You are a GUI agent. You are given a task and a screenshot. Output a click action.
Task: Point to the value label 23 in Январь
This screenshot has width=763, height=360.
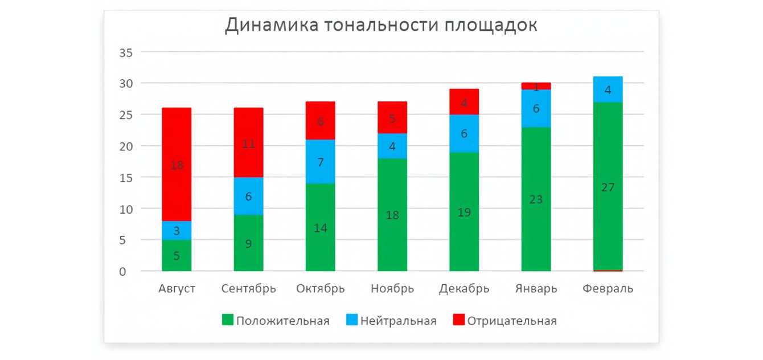tap(536, 199)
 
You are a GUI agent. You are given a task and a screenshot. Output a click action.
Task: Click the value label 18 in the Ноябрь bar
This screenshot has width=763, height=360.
tap(392, 215)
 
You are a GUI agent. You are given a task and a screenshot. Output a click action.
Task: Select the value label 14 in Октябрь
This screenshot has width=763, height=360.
tap(320, 228)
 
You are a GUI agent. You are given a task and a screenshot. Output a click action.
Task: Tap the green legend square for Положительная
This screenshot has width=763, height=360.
tap(227, 320)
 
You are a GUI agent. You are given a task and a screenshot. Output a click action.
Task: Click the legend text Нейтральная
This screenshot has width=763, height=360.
tap(398, 321)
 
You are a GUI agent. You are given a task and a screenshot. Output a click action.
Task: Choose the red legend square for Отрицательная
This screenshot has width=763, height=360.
tap(459, 320)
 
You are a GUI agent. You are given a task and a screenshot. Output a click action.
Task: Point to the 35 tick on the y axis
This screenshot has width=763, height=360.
tap(125, 52)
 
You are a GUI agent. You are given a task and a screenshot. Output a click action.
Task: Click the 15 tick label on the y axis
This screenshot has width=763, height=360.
tap(125, 178)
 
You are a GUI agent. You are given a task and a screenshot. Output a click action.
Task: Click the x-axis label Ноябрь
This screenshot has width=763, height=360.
tap(392, 288)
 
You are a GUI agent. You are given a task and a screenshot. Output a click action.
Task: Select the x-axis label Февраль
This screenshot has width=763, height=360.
tap(608, 288)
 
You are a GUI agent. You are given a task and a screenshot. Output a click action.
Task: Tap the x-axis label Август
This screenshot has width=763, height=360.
tap(177, 288)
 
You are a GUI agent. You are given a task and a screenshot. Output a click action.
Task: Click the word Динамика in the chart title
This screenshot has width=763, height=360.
tap(266, 26)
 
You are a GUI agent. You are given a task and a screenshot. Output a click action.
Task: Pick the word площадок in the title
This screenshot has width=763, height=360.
tap(490, 26)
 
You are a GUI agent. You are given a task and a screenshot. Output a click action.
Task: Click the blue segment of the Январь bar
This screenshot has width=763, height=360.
tap(536, 108)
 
